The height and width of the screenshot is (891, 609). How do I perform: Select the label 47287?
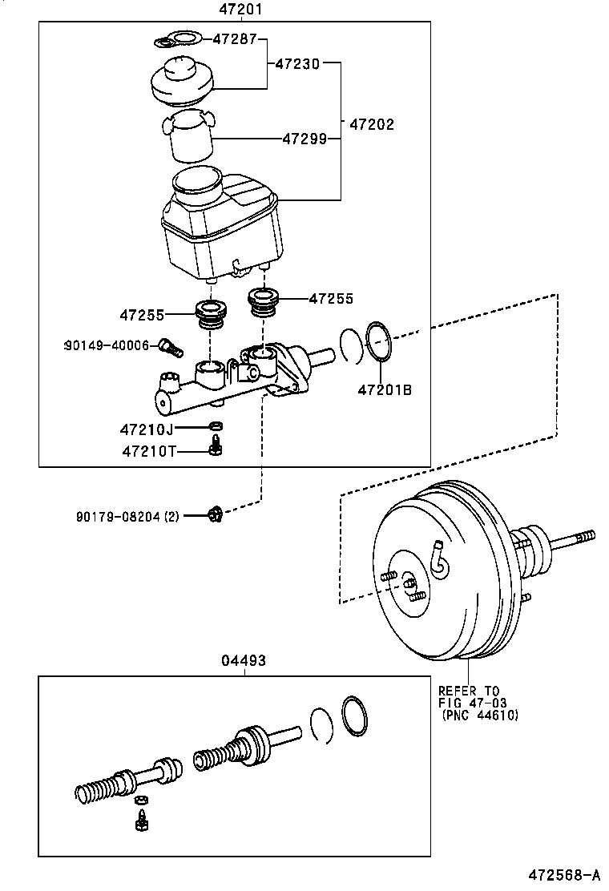pos(232,38)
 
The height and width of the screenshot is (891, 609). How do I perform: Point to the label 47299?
pos(304,139)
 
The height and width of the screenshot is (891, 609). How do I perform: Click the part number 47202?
pos(372,125)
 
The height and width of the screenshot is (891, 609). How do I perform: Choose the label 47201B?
pos(385,390)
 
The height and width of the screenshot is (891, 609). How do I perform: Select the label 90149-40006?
pos(107,345)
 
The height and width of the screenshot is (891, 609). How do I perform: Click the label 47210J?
pos(147,429)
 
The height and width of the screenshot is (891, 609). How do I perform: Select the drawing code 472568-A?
pos(563,874)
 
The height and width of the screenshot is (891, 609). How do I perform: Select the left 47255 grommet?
pos(211,313)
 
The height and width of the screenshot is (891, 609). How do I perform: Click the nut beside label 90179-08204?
pos(214,514)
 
